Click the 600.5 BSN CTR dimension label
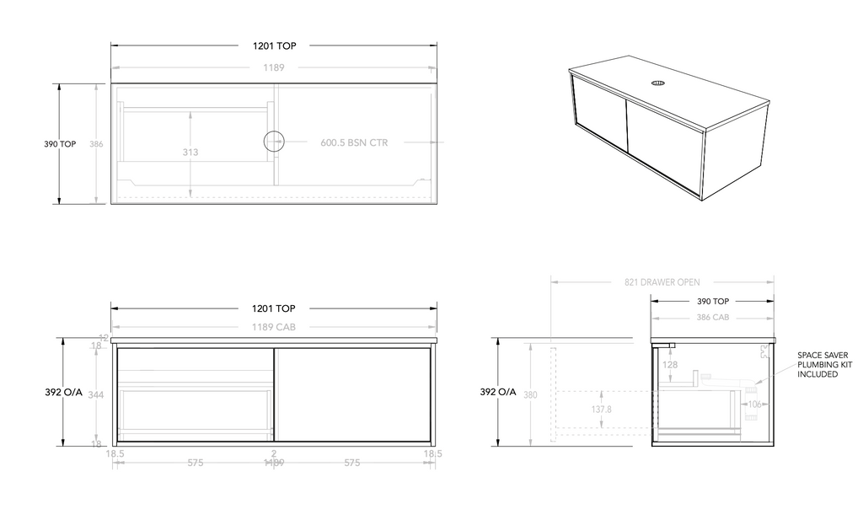click(354, 143)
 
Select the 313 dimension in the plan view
click(191, 153)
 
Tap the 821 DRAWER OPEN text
click(662, 282)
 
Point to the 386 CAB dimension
click(713, 318)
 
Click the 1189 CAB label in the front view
click(274, 327)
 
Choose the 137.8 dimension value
click(602, 409)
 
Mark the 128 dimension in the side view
click(670, 365)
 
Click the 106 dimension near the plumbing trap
click(754, 404)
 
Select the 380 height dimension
click(530, 394)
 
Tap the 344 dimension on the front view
click(96, 394)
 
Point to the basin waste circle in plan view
click(275, 142)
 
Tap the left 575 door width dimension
click(196, 463)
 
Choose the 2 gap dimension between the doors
click(274, 453)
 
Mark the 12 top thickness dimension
click(104, 338)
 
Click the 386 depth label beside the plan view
click(96, 144)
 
